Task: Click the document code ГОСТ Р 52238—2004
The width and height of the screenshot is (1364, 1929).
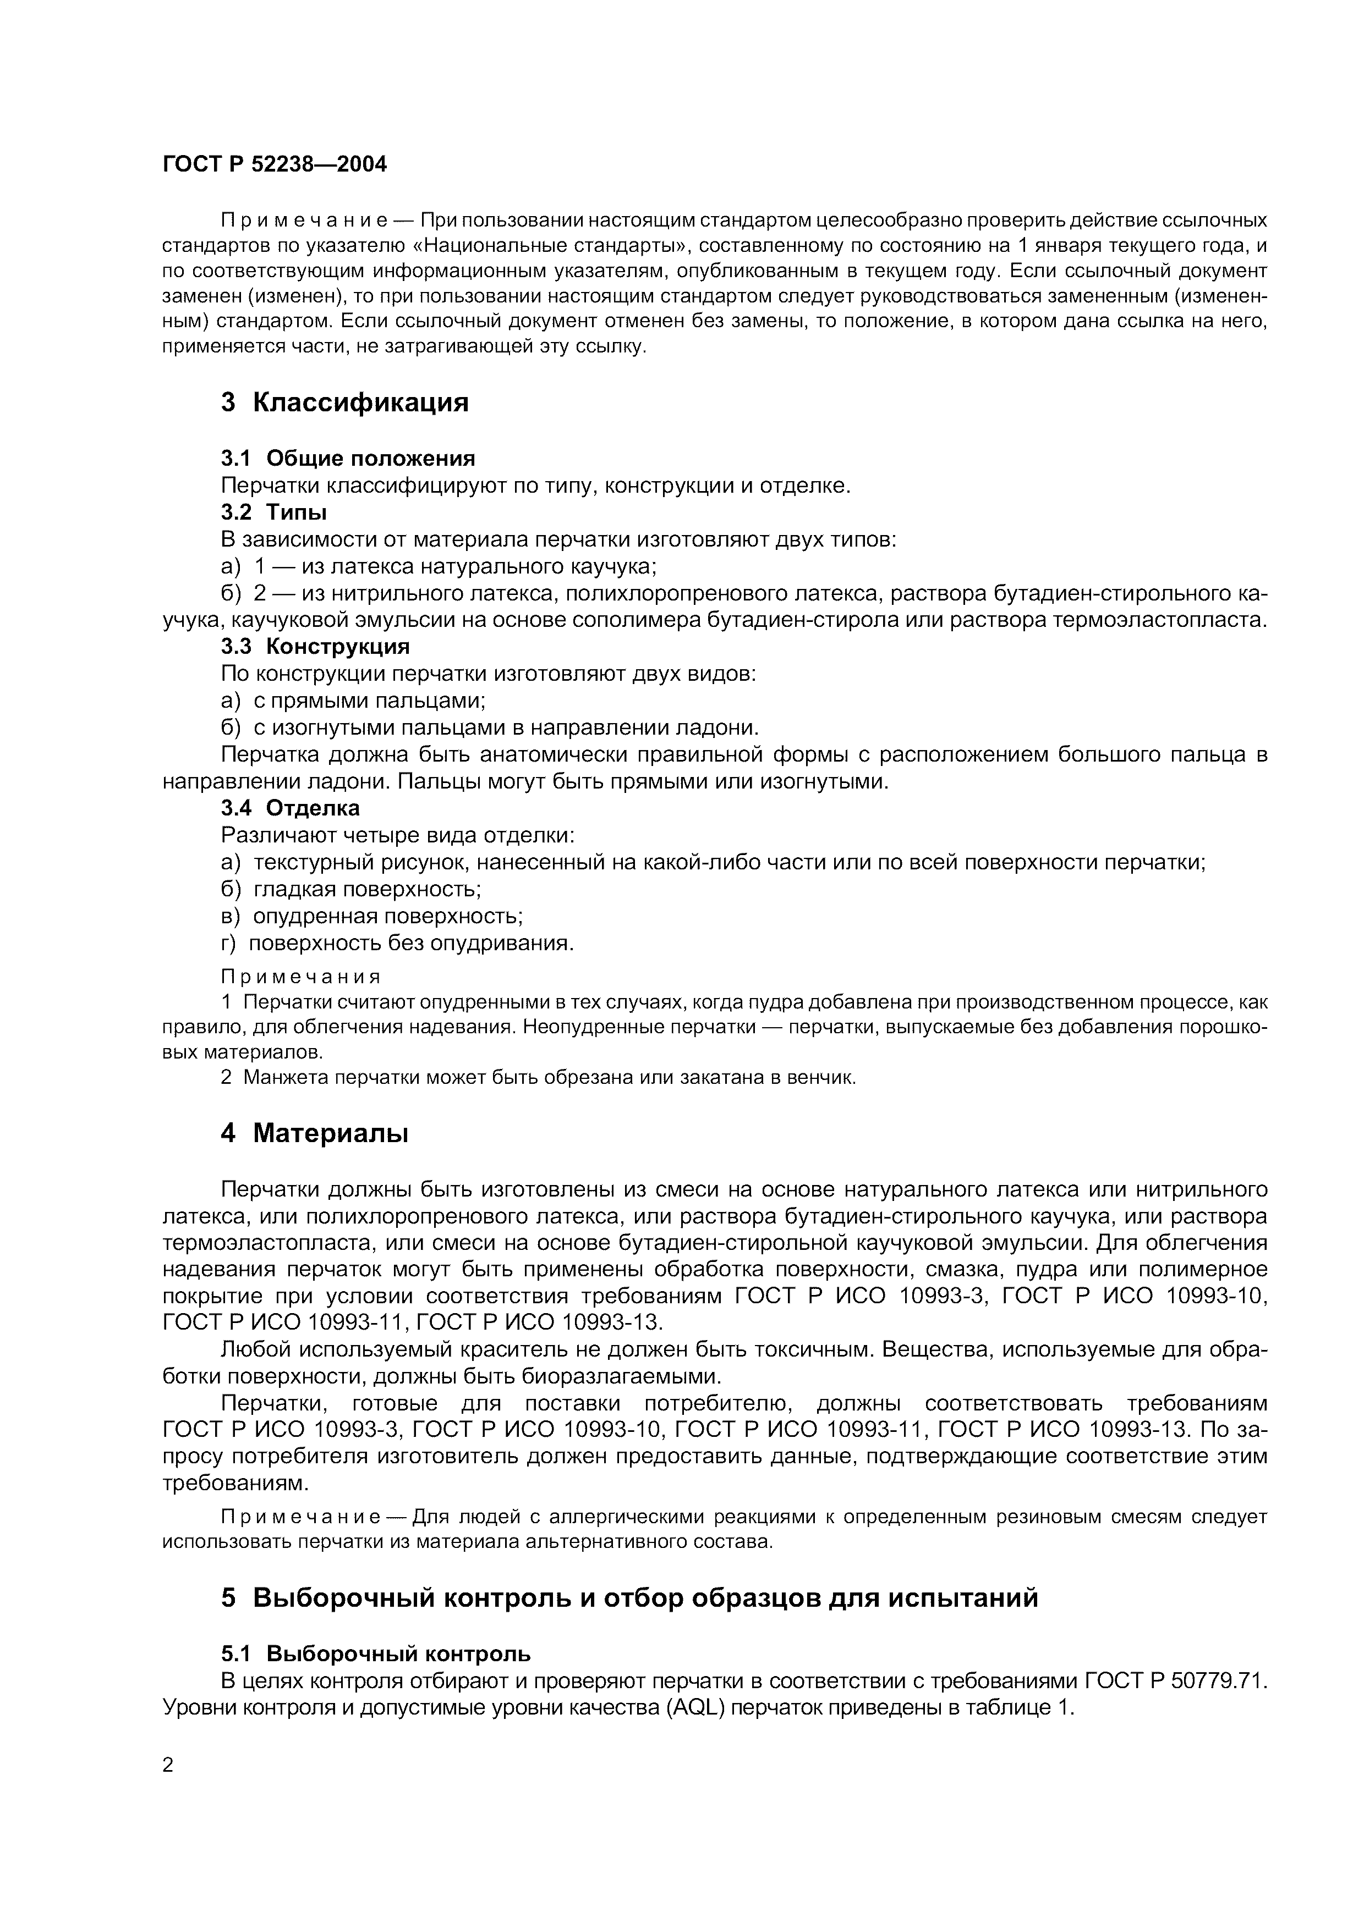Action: point(275,164)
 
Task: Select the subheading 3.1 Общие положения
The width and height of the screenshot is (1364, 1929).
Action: point(348,458)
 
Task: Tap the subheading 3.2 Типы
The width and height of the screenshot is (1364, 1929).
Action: point(274,511)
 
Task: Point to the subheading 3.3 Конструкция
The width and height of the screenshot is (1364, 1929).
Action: point(315,646)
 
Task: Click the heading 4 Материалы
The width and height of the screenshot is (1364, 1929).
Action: point(314,1133)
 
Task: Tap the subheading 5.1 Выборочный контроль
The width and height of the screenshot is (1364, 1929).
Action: point(376,1654)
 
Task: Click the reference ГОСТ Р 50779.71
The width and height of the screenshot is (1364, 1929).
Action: point(1174,1680)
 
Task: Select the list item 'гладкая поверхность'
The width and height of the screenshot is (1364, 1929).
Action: point(366,889)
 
